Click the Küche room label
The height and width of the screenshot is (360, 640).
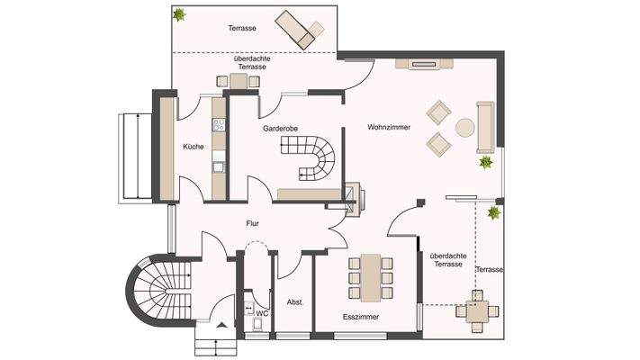(193, 146)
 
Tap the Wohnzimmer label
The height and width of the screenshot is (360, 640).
(389, 128)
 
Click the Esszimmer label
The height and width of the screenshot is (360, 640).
(360, 318)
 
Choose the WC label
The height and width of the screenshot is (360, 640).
(262, 314)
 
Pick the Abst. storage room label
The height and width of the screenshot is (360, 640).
(294, 302)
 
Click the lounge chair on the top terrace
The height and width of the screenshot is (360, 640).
(300, 29)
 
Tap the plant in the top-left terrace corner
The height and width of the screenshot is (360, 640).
(180, 14)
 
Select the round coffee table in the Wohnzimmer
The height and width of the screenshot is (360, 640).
(465, 127)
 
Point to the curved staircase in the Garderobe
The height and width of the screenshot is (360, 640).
(316, 158)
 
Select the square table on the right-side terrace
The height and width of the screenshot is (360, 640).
(476, 310)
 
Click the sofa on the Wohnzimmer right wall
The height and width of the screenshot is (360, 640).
(486, 126)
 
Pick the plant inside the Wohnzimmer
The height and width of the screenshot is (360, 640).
(486, 163)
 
